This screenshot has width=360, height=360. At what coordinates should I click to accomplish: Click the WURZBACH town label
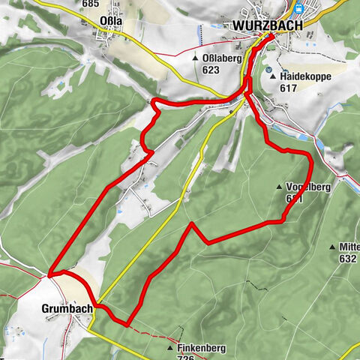267,25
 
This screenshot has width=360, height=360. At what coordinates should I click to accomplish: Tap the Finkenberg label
203,348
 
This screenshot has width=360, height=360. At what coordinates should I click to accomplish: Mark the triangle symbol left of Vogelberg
278,187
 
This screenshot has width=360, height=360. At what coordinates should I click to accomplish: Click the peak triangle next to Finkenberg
171,349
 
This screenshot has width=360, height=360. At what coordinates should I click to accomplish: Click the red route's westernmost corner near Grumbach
50,274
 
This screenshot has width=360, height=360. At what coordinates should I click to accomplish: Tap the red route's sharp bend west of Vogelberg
192,223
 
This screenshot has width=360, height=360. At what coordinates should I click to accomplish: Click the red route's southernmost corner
127,324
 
